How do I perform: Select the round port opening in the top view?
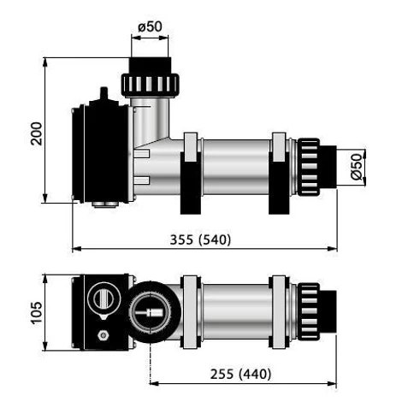153,312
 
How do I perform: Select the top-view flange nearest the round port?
189,311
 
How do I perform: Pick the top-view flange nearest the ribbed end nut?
279,311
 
